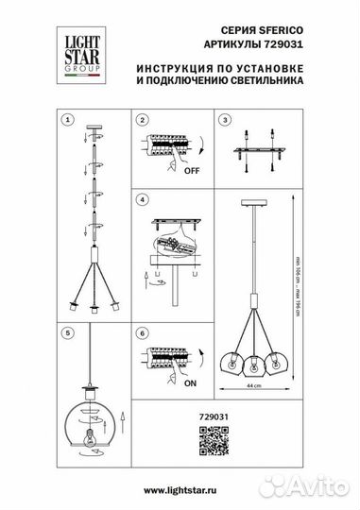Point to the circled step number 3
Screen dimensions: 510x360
pos(224,120)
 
